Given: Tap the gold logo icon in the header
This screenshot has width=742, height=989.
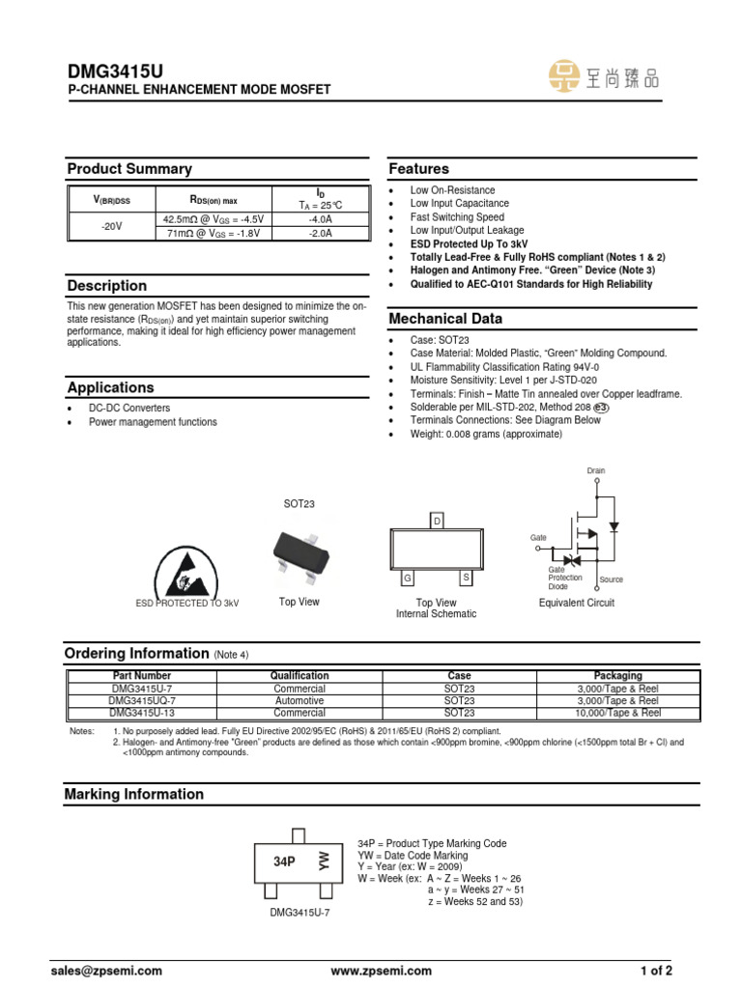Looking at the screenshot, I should (566, 77).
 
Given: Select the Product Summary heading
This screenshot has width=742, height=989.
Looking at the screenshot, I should (129, 169).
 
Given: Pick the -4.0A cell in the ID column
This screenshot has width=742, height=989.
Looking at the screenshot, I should (320, 219).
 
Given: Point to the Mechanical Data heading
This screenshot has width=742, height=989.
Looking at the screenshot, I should (445, 319).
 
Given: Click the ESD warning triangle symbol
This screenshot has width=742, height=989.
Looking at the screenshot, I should (187, 570).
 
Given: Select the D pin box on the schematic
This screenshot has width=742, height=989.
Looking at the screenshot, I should (437, 522).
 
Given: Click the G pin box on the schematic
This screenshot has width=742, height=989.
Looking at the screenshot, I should (408, 578).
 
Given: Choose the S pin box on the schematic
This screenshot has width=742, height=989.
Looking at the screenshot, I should (465, 578).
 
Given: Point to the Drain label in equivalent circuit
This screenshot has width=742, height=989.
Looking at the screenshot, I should (596, 471).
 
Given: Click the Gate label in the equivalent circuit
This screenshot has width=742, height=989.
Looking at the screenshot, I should (538, 536).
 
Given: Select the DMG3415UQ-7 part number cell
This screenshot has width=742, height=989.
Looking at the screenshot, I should (142, 700).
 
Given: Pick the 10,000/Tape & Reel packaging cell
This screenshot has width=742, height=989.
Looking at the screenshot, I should (617, 712).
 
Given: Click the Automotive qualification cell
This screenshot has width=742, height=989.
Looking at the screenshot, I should (300, 700).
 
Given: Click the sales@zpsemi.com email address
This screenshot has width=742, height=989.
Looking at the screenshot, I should (114, 971).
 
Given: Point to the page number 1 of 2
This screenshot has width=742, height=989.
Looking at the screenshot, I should (656, 971).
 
